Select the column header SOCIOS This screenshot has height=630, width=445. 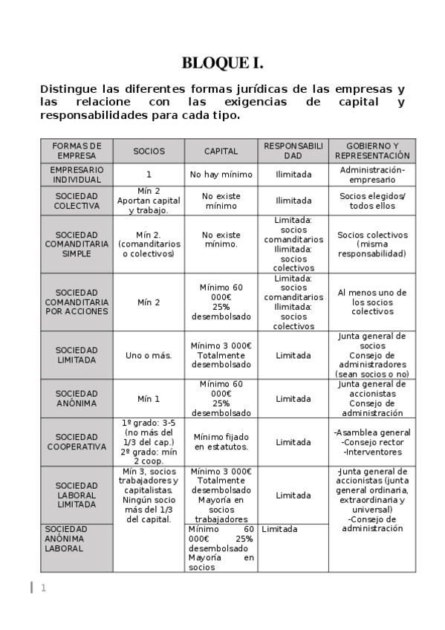coord(149,151)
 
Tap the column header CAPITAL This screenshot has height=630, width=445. coord(221,151)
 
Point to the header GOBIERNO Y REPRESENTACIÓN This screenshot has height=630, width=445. coord(372,151)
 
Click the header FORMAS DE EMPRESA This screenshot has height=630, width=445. coord(77,151)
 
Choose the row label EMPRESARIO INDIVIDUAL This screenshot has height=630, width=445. coord(77,175)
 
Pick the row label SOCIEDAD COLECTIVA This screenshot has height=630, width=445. coord(77,201)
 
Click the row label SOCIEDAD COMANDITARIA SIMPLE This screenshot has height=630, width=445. coord(77,244)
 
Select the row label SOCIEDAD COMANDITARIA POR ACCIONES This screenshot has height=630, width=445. coord(77,302)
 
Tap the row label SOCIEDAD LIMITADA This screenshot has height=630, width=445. coord(77,355)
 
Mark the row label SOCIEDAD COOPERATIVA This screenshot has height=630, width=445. coord(77,442)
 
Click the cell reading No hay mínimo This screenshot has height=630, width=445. coord(221,175)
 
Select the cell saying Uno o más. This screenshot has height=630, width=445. coord(149,355)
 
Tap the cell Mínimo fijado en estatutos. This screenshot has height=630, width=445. coord(221,442)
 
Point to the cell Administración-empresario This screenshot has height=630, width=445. coord(372,175)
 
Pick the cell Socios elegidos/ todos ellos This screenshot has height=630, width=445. coord(372,201)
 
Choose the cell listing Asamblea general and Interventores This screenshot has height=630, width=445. coord(372,442)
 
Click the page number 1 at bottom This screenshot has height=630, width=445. coord(43,588)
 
